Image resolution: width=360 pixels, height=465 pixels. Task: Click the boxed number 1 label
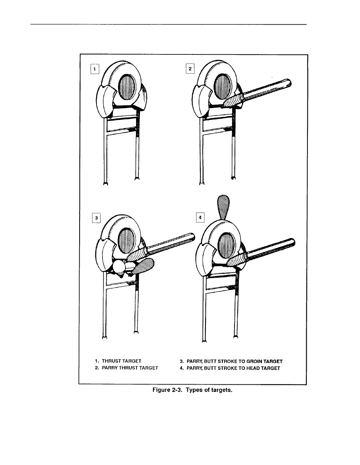[x=95, y=69]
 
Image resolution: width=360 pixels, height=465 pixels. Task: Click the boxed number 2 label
[x=190, y=69]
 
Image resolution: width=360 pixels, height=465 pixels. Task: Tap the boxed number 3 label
[x=96, y=218]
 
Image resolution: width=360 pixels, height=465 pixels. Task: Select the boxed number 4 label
[x=200, y=217]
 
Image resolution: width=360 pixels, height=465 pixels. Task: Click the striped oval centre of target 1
[x=127, y=86]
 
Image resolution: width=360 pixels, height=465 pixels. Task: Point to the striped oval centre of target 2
[x=223, y=86]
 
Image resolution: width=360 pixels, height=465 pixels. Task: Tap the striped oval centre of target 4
[x=226, y=245]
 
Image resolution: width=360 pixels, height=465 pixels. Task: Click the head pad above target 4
[x=224, y=207]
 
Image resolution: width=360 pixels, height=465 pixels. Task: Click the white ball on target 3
[x=119, y=267]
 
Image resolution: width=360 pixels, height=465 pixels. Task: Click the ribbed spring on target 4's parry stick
[x=237, y=260]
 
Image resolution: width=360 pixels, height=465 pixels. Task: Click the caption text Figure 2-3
[x=167, y=390]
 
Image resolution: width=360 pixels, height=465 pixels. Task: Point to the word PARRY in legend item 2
[x=110, y=368]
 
